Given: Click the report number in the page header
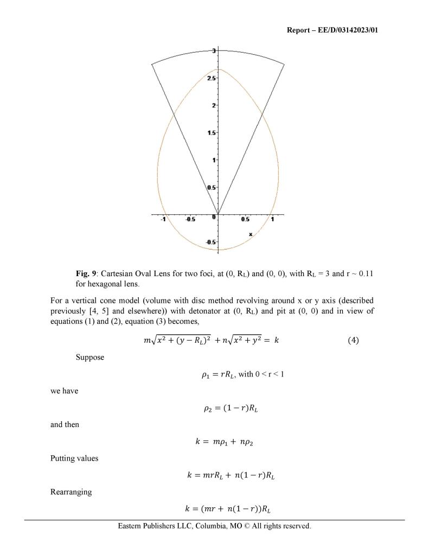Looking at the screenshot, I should coord(332,30).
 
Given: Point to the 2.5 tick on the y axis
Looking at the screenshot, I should coord(212,78).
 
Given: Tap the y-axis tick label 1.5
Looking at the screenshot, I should coord(212,133).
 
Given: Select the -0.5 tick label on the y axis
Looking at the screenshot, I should coord(210,242).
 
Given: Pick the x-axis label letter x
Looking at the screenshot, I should coord(251,234).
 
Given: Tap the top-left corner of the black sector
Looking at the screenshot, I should coord(152,64).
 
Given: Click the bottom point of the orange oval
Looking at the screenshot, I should coord(218,250).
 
